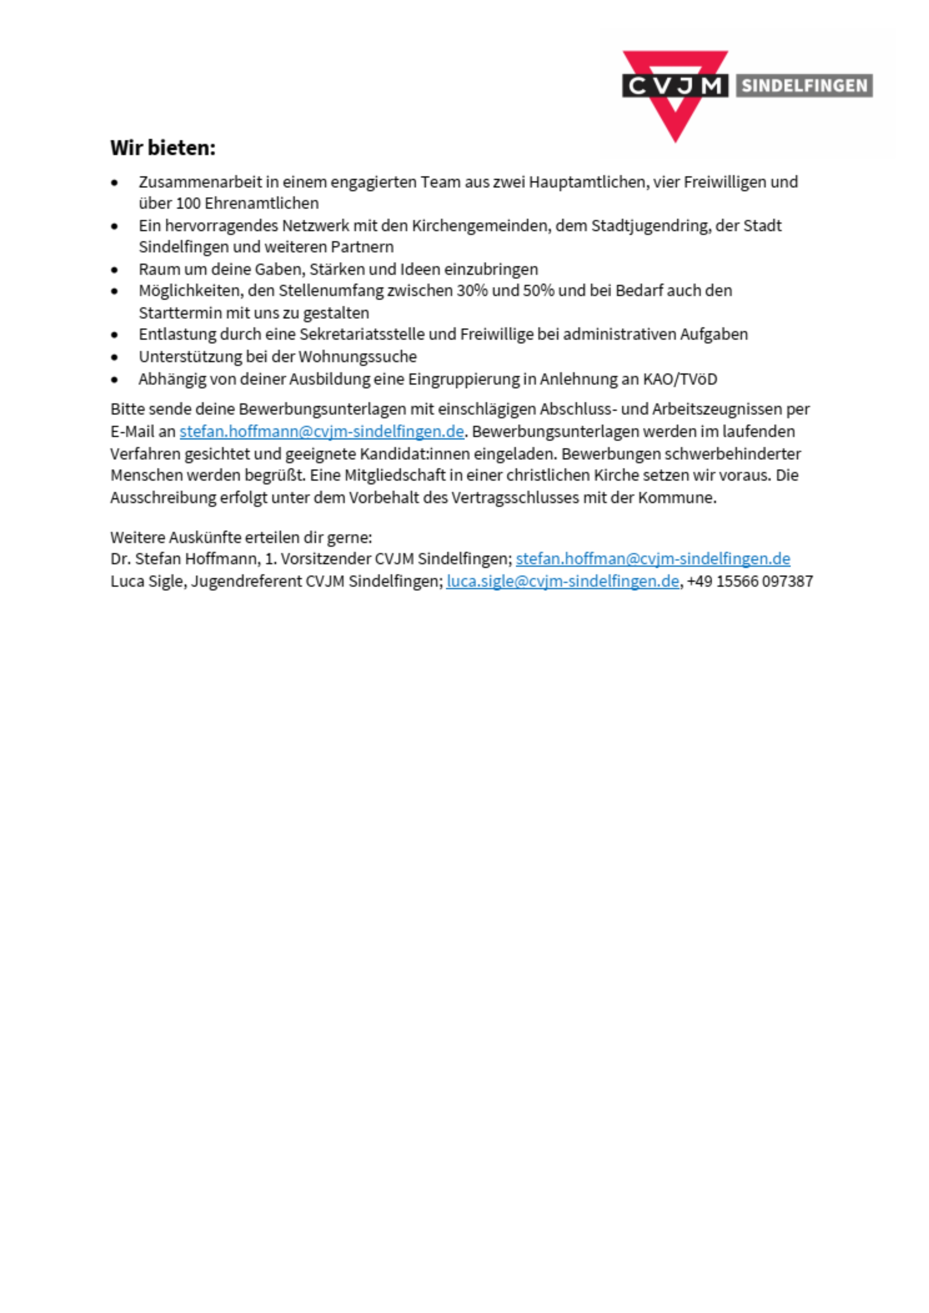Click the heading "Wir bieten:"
point(163,147)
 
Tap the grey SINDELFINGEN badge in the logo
point(804,86)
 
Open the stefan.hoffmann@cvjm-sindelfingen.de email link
point(322,431)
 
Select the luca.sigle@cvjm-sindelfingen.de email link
point(562,581)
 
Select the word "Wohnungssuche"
point(358,357)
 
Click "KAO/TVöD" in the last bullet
point(680,379)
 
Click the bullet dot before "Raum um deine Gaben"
point(115,269)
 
